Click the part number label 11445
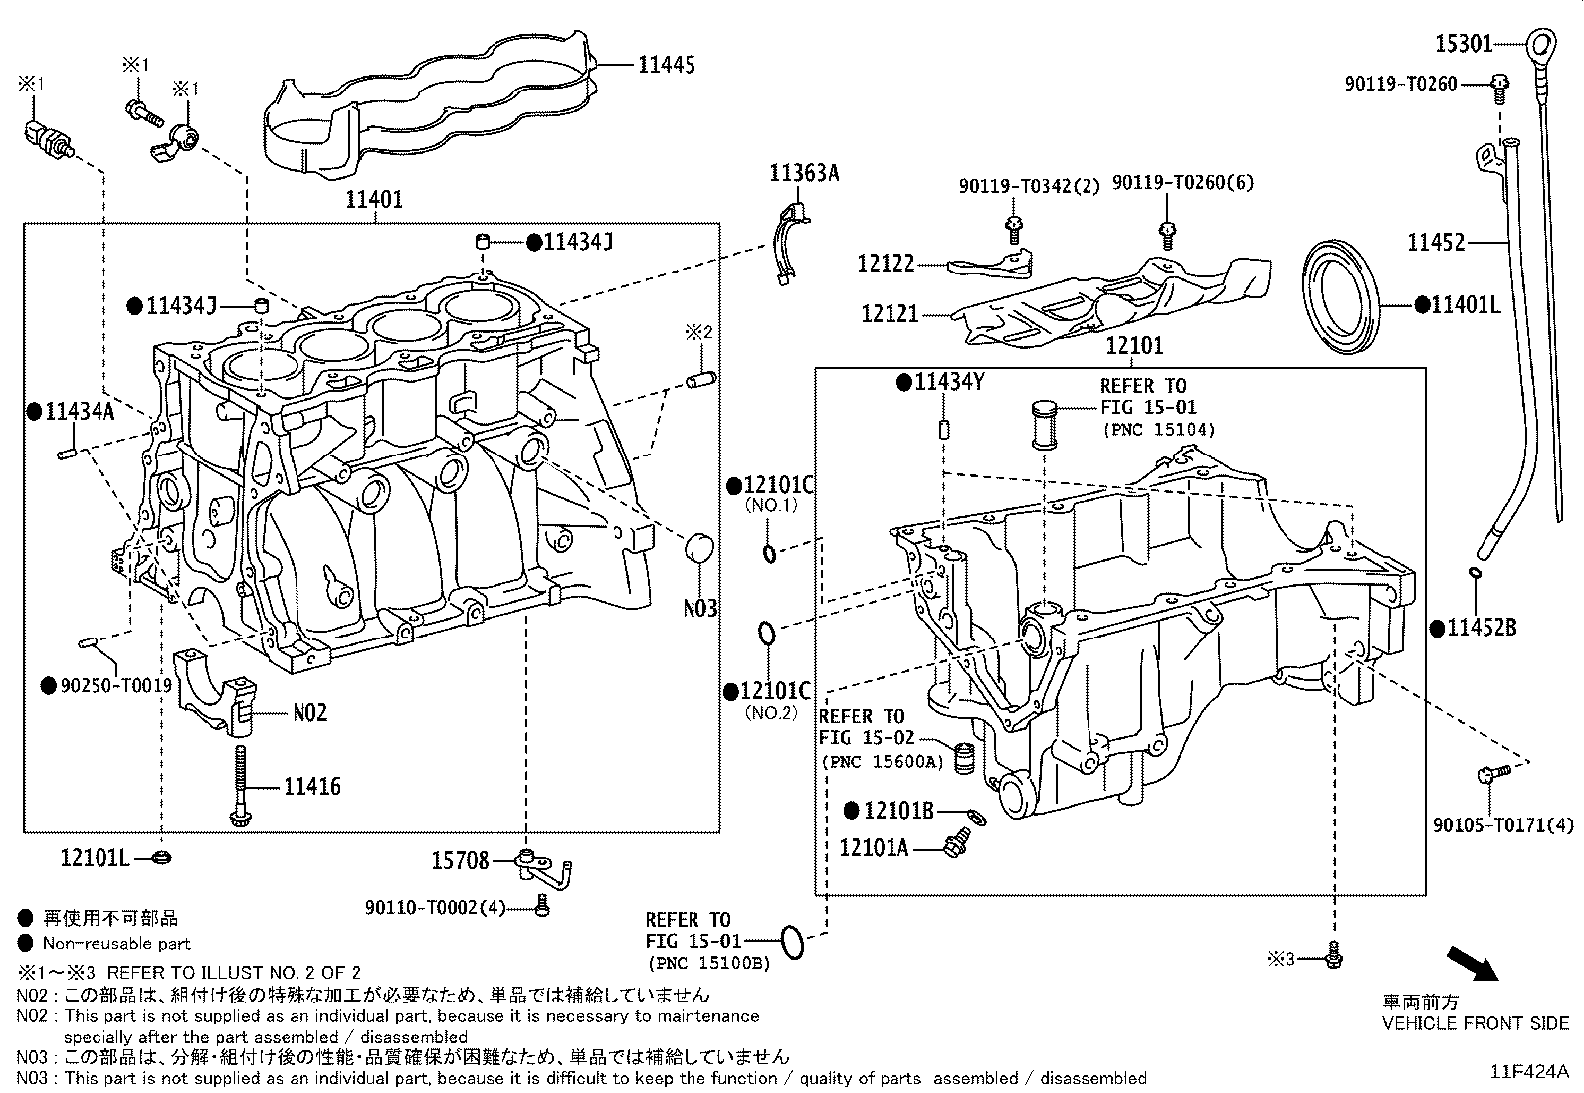[666, 65]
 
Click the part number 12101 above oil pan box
[1134, 346]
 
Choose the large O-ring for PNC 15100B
[792, 941]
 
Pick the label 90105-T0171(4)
[1503, 824]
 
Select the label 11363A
[803, 173]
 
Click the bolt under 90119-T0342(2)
[1014, 229]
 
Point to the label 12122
[886, 264]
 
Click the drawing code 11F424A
[1528, 1071]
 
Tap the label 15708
[459, 860]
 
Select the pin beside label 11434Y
[945, 429]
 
